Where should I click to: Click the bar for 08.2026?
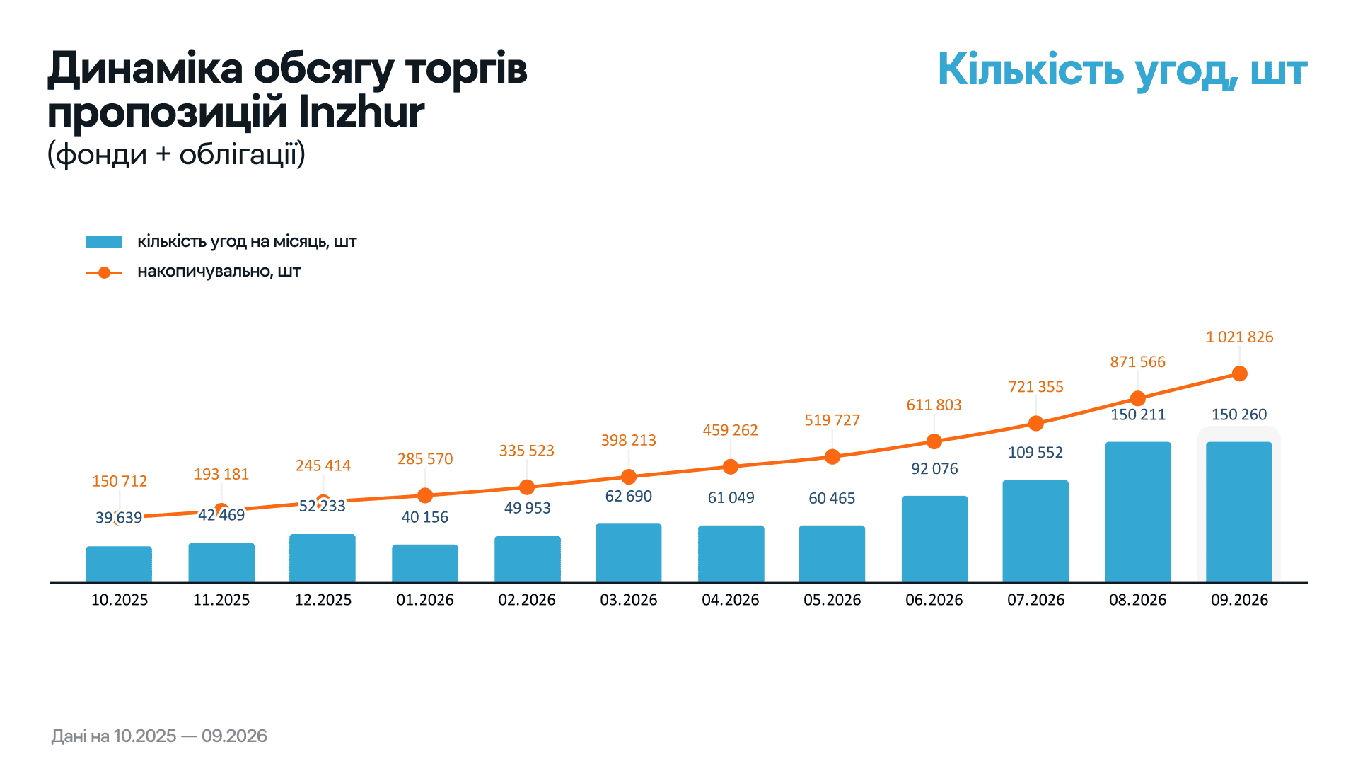click(x=1138, y=512)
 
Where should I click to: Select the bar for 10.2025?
click(x=119, y=565)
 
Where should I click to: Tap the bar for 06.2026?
click(x=934, y=539)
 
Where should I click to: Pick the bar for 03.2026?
click(x=629, y=553)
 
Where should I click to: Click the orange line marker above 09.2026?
click(x=1239, y=374)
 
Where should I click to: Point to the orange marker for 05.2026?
click(x=832, y=457)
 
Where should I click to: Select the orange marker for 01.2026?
click(x=425, y=495)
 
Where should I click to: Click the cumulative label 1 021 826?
click(x=1239, y=337)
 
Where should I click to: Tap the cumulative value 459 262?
click(x=730, y=430)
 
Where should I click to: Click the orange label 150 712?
click(x=120, y=481)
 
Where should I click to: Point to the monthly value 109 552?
click(x=1035, y=453)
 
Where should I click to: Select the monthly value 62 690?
click(x=629, y=497)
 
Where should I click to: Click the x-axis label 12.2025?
click(x=323, y=600)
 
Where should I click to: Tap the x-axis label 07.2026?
click(x=1036, y=600)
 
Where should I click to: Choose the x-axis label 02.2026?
click(x=527, y=600)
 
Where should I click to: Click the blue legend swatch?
click(x=104, y=242)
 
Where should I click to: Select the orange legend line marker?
click(x=104, y=272)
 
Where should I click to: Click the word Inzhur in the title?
click(x=361, y=112)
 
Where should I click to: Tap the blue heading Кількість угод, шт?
click(x=1122, y=71)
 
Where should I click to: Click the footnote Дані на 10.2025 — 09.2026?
click(x=159, y=736)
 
